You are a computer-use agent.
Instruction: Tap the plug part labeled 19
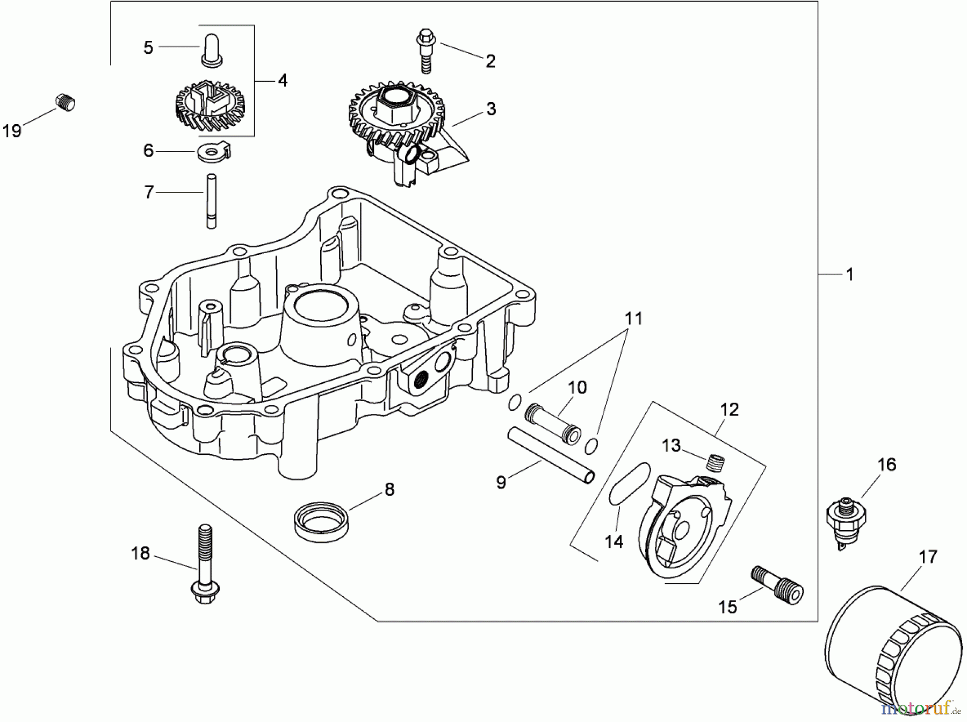tap(66, 102)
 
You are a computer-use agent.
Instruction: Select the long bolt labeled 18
tap(203, 564)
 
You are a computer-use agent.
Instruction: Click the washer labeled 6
tap(214, 152)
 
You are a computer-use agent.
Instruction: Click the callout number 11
tap(633, 318)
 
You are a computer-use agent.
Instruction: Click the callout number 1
tap(849, 275)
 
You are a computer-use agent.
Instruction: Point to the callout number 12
tap(729, 410)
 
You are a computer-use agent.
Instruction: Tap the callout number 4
tap(283, 81)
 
